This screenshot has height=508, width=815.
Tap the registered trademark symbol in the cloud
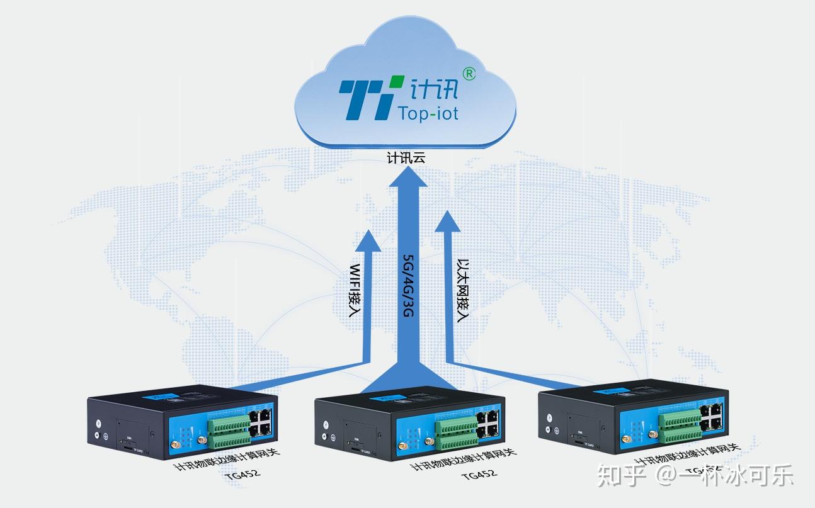click(x=469, y=74)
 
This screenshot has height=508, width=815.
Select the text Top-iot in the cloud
click(x=428, y=113)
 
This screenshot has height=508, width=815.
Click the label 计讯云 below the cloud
click(x=406, y=157)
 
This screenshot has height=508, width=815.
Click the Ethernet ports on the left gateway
click(x=261, y=422)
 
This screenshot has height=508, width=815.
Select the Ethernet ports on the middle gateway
click(x=488, y=423)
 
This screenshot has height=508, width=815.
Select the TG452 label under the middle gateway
click(x=479, y=474)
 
